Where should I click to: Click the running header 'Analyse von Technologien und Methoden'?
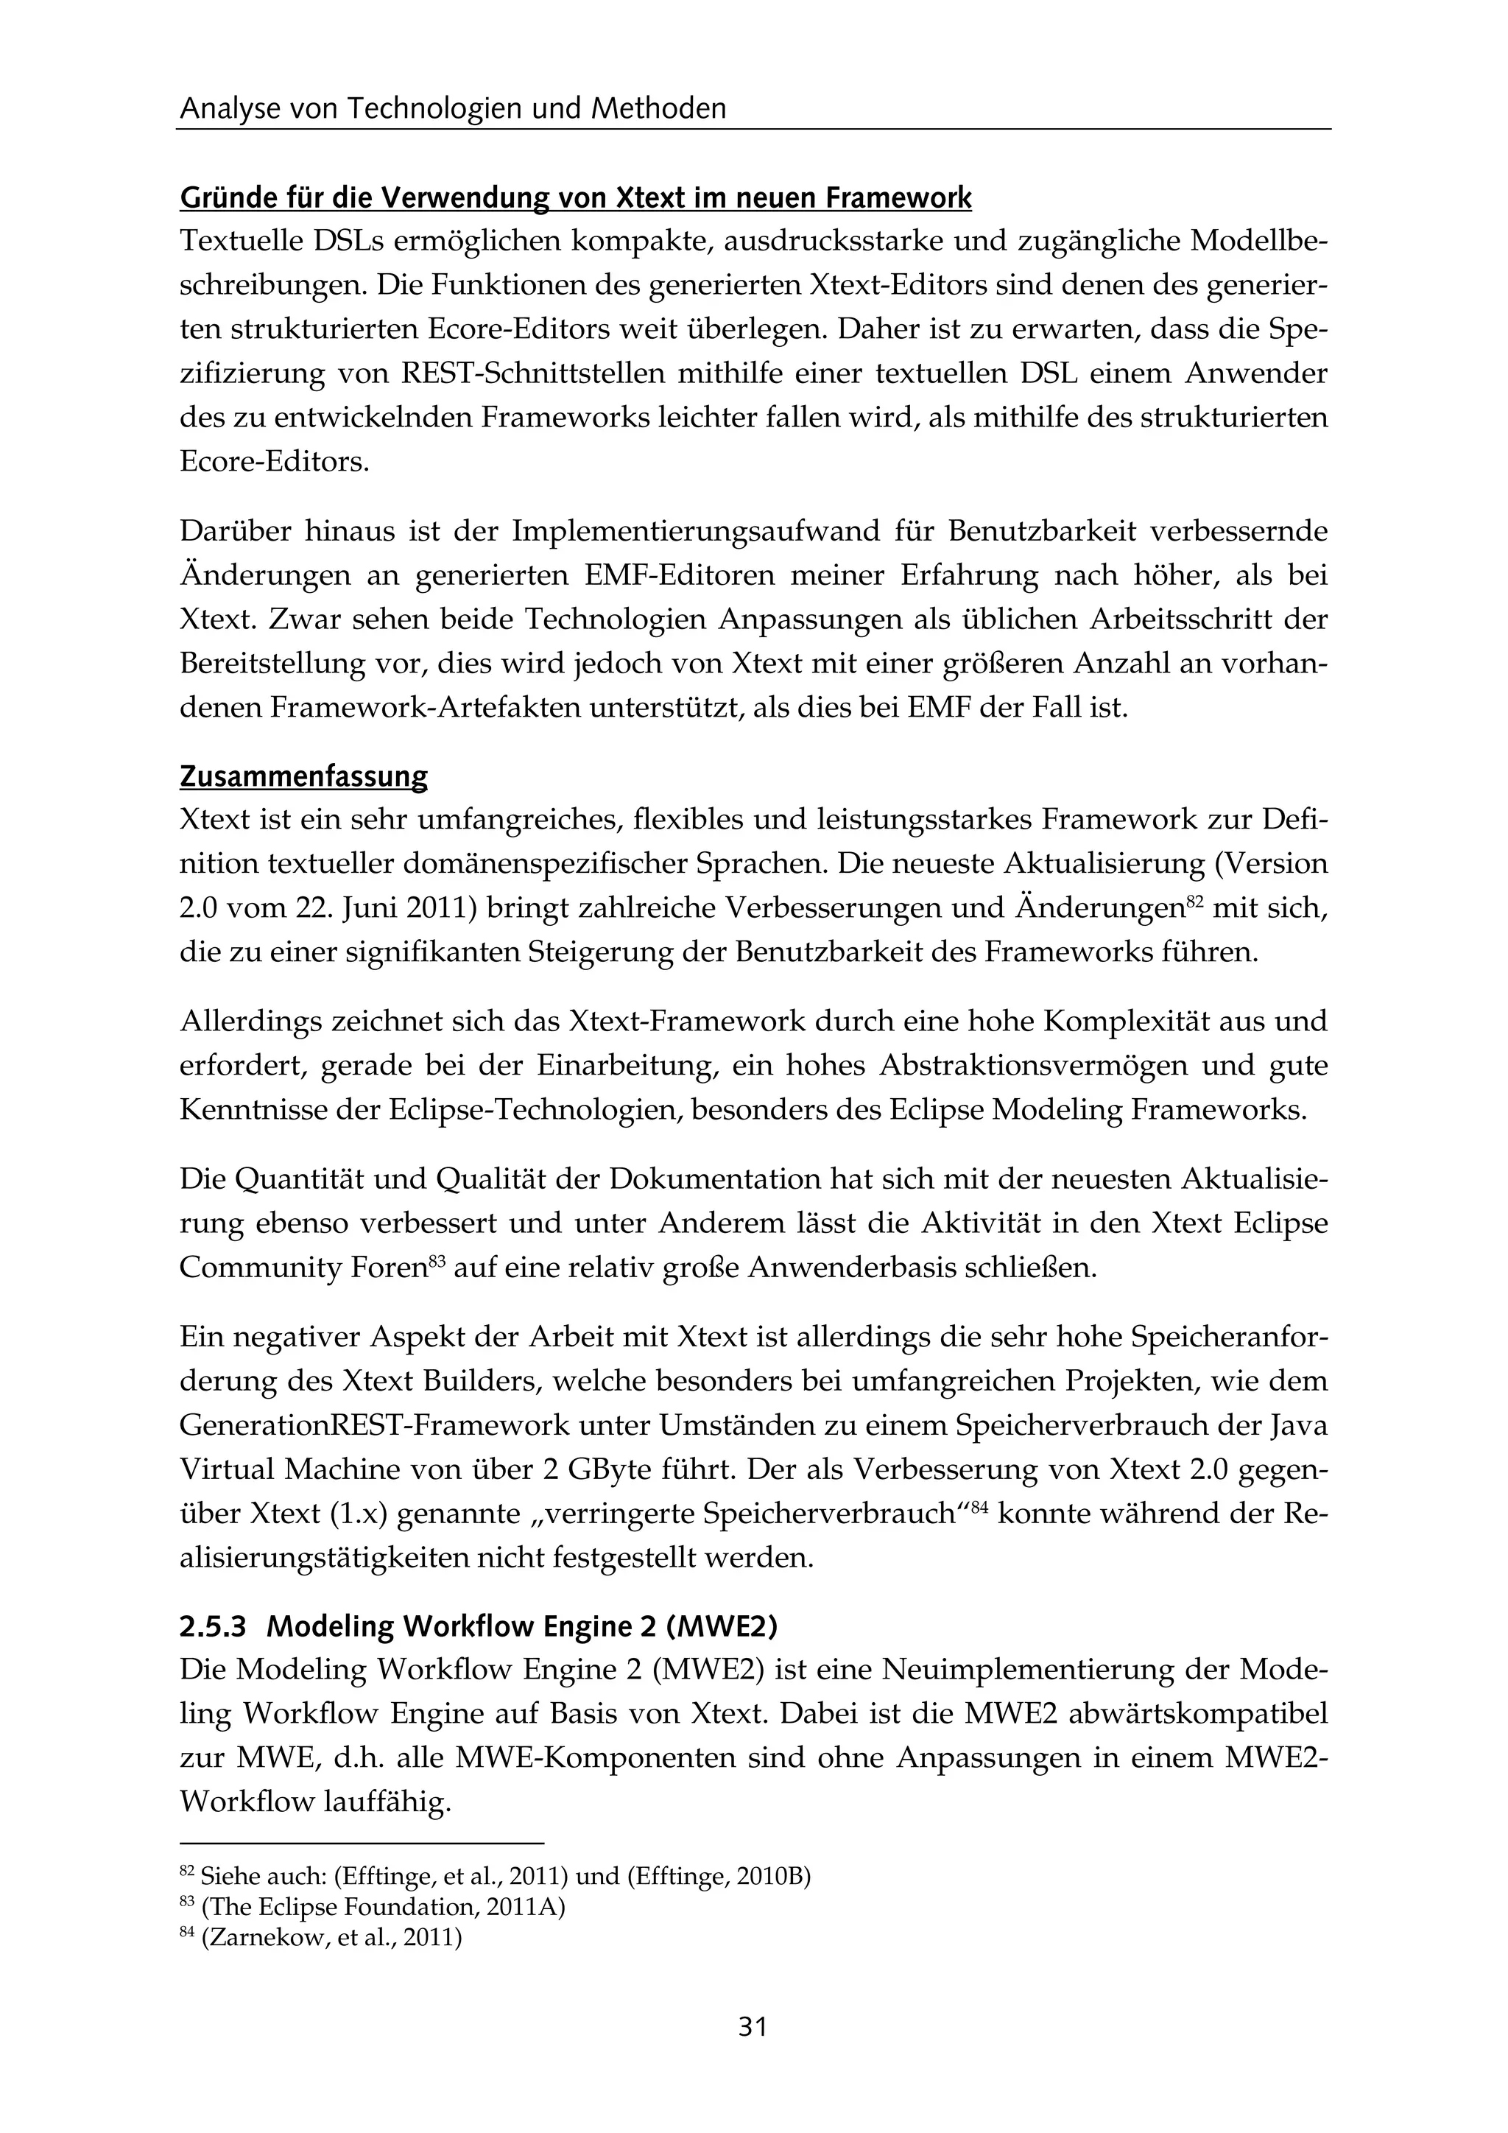[453, 110]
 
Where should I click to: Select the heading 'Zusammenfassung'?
[303, 776]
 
